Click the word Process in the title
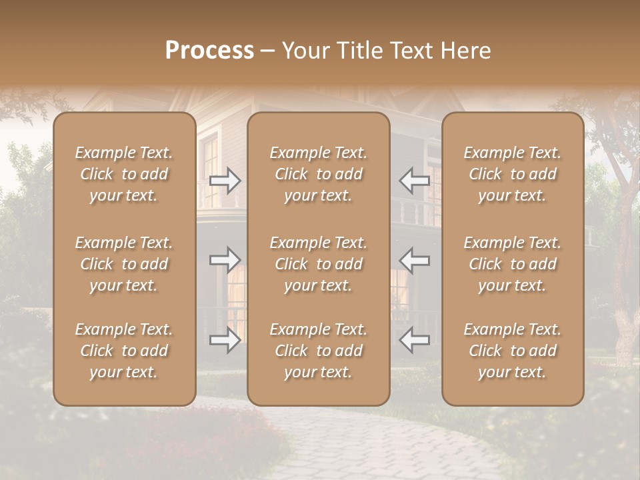209,51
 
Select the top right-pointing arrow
225,181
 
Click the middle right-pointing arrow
225,260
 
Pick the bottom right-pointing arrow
225,341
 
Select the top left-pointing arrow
414,181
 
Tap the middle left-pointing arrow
414,260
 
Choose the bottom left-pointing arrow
414,341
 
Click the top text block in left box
124,174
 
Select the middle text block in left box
124,264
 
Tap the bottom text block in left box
124,351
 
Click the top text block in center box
318,174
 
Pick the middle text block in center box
318,264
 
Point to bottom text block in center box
318,351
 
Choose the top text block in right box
512,174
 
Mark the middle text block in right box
512,264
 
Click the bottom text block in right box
512,351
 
